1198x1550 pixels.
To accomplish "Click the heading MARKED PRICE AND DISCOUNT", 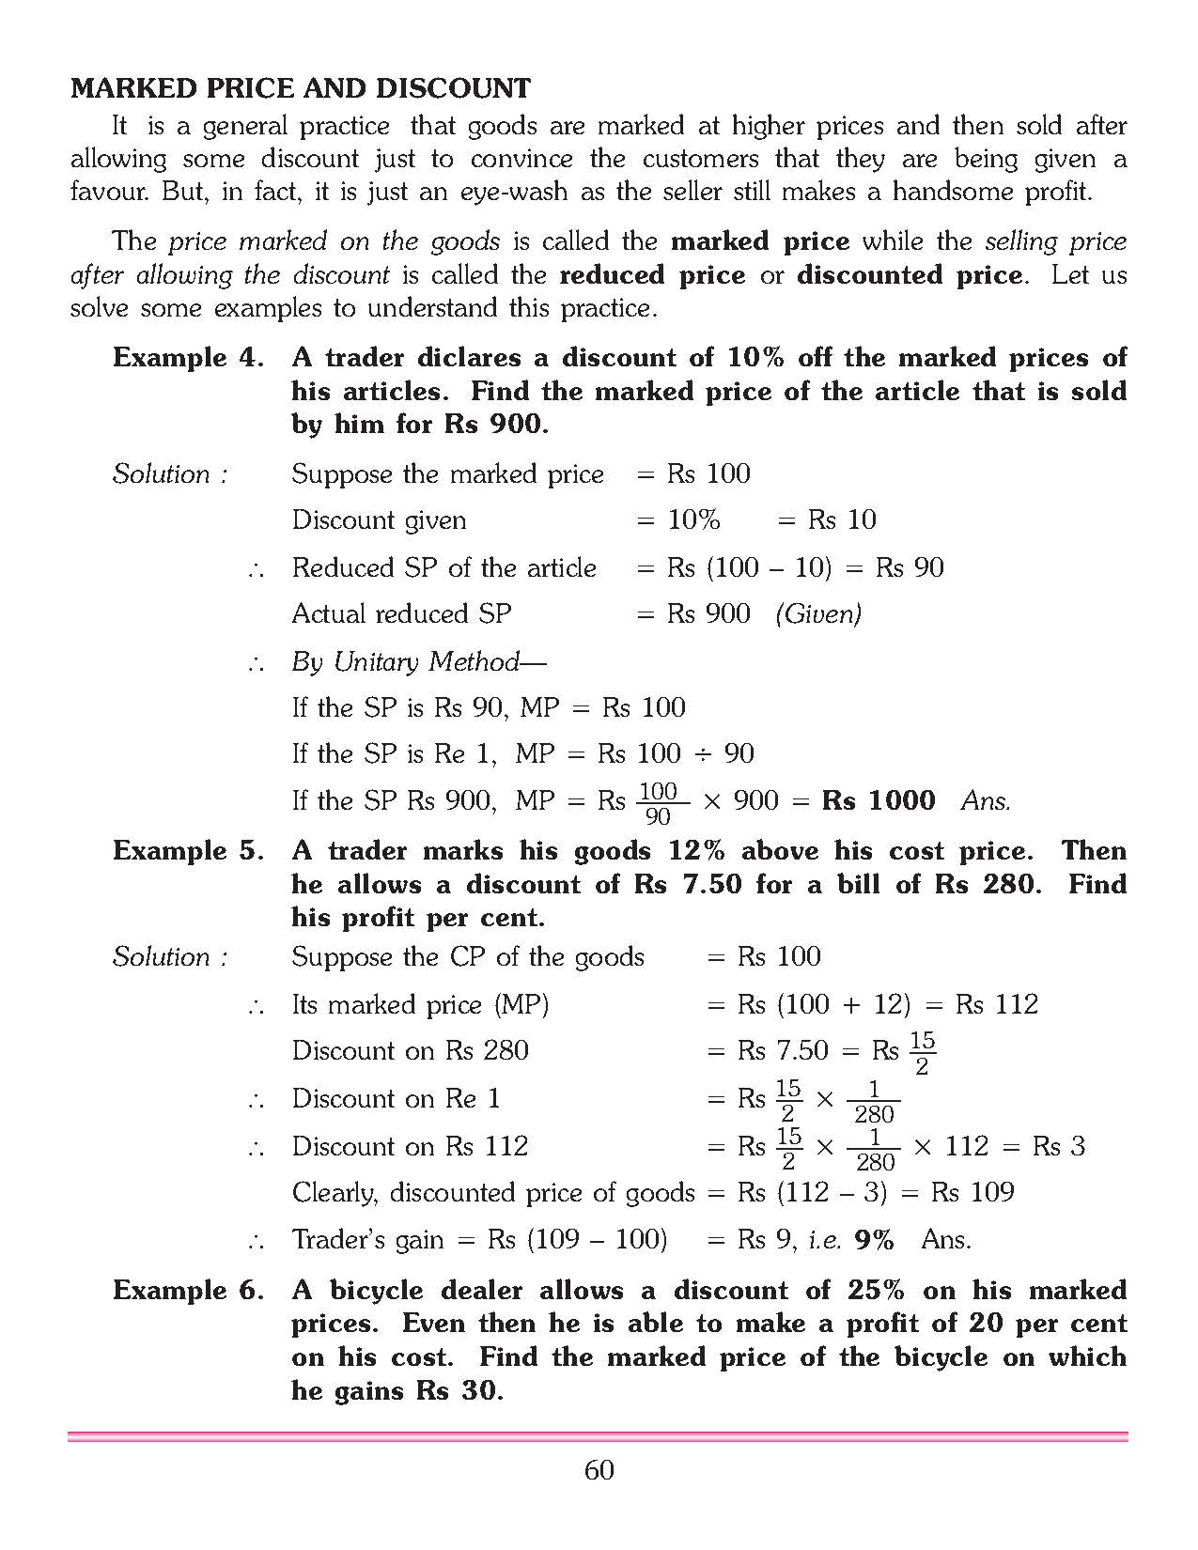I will pos(301,89).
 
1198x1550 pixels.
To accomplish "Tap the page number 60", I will pos(599,1470).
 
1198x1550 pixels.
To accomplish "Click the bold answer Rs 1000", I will pos(879,800).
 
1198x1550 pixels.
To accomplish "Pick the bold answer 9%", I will pos(874,1240).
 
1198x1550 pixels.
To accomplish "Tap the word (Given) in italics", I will pos(818,614).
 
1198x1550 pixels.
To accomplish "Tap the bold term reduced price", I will pos(651,275).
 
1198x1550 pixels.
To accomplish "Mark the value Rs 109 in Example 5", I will pos(972,1193).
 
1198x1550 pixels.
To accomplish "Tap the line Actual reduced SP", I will pos(402,614).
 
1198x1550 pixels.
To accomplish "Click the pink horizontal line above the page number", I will pos(599,1436).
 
